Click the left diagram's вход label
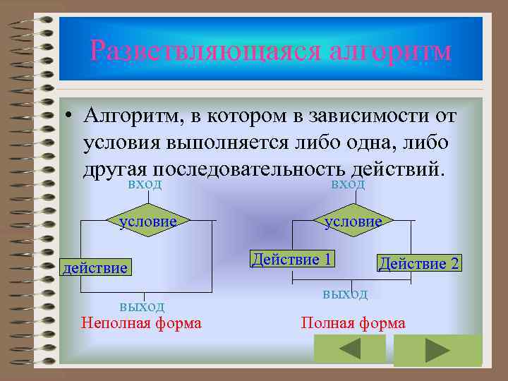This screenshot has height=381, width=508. [145, 184]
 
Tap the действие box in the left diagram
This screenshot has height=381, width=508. [96, 267]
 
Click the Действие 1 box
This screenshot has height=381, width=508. [292, 259]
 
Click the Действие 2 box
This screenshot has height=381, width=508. [419, 263]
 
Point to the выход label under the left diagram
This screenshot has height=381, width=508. [142, 306]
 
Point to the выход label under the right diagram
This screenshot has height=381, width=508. [345, 293]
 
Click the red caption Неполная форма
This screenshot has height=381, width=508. [141, 323]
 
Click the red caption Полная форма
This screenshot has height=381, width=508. [353, 323]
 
